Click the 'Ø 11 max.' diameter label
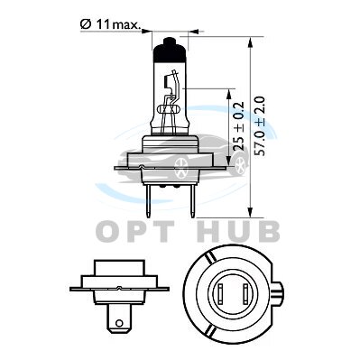(x=111, y=24)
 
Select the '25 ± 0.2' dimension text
(x=239, y=126)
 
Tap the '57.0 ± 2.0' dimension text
(x=259, y=126)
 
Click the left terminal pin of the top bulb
(x=148, y=200)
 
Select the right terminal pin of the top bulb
(x=192, y=200)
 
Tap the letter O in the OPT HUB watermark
(x=107, y=232)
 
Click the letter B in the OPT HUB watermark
(x=268, y=232)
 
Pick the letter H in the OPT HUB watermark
(x=210, y=232)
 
